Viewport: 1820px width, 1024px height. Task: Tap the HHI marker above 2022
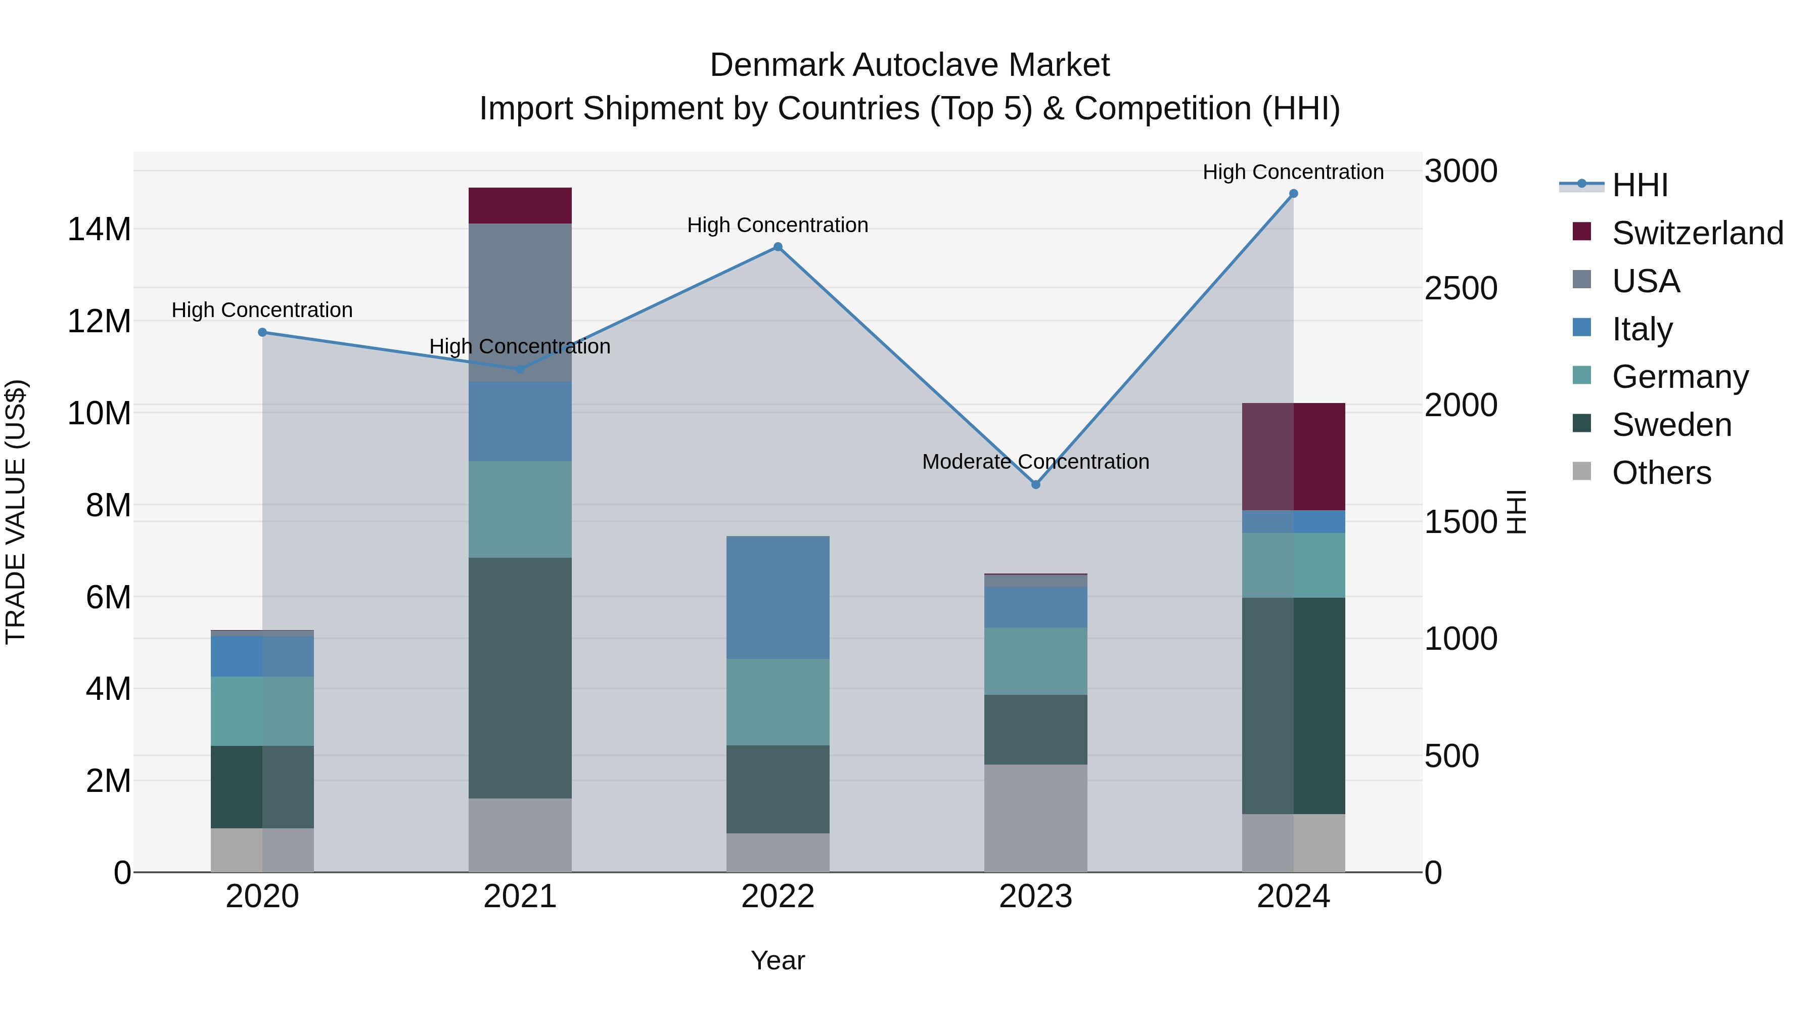tap(778, 247)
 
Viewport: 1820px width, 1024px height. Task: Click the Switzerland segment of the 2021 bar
tap(520, 206)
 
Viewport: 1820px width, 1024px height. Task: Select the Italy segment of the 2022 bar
tap(778, 597)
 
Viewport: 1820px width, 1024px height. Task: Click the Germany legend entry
tap(1679, 377)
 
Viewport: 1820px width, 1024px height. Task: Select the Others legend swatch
tap(1582, 471)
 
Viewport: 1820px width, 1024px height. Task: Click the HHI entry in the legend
tap(1639, 185)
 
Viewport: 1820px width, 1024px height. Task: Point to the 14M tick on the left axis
tap(99, 230)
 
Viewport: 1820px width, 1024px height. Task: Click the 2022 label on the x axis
tap(778, 897)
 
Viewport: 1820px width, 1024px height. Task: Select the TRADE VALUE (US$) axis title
tap(16, 512)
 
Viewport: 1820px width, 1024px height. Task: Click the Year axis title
tap(778, 960)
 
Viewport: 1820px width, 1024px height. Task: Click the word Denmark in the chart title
tap(777, 65)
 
